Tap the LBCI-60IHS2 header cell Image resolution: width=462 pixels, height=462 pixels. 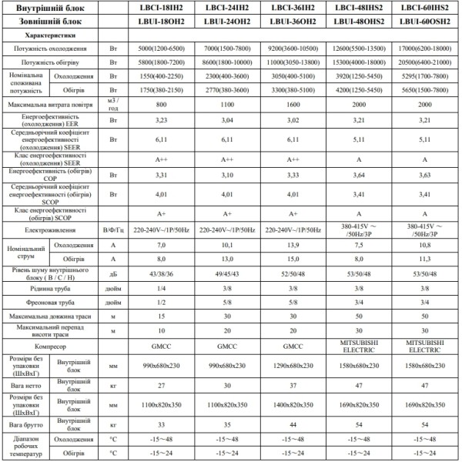420,8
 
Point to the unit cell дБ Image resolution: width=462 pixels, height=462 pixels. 113,273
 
